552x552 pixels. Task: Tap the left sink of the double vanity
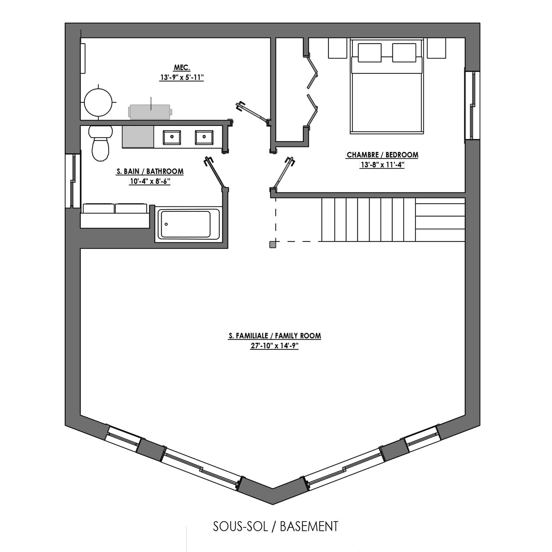(172, 137)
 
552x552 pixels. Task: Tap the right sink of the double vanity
(204, 137)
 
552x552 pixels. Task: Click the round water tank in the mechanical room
(99, 102)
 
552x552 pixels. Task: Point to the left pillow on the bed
(370, 52)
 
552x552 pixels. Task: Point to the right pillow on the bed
(404, 52)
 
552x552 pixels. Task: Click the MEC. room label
(182, 68)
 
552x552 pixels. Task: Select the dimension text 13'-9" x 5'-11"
(182, 78)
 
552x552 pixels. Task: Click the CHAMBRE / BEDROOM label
(382, 155)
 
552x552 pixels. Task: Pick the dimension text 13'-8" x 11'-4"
(382, 165)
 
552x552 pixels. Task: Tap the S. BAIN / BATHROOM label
(150, 171)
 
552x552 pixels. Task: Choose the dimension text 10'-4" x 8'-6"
(150, 181)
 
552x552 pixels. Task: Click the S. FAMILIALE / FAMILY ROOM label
(275, 336)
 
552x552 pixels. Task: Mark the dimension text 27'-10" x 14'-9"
(275, 346)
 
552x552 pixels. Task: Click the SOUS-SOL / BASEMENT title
(276, 527)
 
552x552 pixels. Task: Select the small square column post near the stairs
(273, 245)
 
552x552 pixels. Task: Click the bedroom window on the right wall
(472, 105)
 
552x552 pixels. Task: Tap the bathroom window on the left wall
(73, 181)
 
